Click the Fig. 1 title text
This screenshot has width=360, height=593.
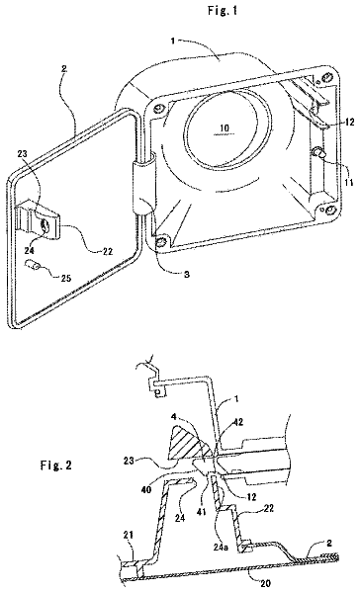click(223, 11)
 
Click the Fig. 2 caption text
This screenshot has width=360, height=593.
click(56, 465)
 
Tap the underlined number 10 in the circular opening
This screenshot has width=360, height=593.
click(225, 128)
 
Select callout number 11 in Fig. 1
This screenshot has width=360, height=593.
click(348, 183)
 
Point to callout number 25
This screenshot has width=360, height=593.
click(65, 278)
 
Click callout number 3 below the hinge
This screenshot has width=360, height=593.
click(186, 274)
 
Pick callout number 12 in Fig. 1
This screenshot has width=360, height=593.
click(349, 122)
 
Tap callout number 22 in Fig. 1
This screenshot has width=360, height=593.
click(108, 250)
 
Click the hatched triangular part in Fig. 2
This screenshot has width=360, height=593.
click(187, 443)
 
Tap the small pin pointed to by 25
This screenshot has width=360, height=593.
click(32, 265)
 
